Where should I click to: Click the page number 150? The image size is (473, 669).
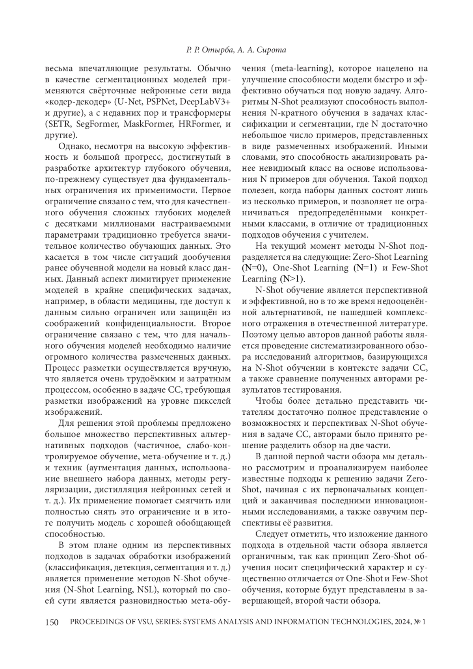coord(52,622)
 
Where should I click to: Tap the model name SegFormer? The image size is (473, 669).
coord(97,124)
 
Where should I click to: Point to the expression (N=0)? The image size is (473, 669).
coord(255,268)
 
